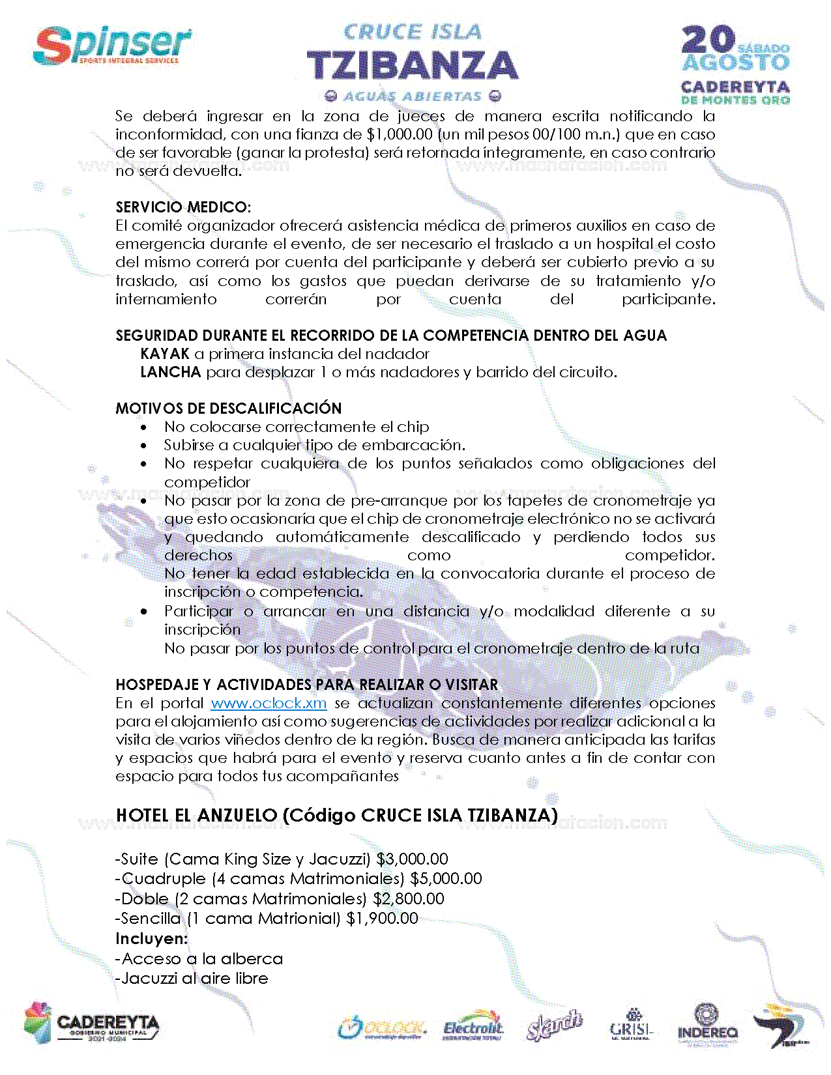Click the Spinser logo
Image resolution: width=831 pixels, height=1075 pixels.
tap(112, 46)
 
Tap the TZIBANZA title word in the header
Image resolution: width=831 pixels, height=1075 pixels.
tap(413, 66)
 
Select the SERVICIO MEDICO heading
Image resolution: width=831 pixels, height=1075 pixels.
tap(183, 207)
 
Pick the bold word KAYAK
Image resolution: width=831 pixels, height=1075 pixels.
tap(165, 354)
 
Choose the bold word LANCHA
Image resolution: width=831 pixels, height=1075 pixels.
tap(171, 372)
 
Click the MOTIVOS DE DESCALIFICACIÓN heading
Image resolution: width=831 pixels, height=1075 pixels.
tap(229, 408)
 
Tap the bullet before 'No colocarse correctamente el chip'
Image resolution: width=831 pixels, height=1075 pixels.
tap(144, 427)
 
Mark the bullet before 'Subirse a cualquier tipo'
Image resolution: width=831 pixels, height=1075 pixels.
tap(144, 446)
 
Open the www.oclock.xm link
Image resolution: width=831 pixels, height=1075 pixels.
tap(269, 704)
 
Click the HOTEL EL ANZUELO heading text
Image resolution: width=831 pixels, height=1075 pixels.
tap(336, 815)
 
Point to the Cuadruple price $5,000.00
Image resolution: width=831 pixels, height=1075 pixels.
tap(446, 878)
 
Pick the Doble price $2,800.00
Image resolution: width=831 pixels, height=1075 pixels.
tap(409, 898)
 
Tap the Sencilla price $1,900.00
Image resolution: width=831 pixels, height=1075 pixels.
tap(382, 918)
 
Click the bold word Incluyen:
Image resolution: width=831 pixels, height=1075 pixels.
tap(151, 938)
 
